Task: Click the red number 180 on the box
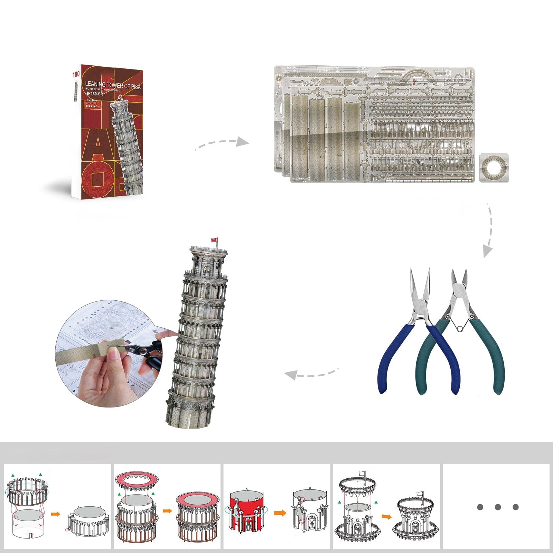[76, 74]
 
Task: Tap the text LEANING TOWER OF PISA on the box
[113, 85]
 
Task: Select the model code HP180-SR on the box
[94, 94]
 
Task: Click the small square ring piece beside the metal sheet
[494, 168]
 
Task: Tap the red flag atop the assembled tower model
[214, 240]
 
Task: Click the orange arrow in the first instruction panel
[55, 514]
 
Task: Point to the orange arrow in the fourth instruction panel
[387, 517]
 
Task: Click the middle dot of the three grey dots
[498, 507]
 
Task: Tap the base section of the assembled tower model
[188, 411]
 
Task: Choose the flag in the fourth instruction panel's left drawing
[362, 474]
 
